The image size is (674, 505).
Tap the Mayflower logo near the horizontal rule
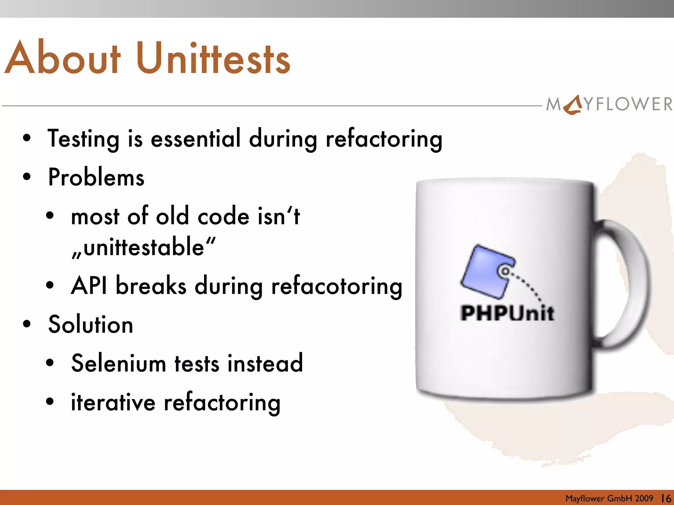click(x=609, y=105)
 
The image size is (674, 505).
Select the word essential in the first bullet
click(x=196, y=138)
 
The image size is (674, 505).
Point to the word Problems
click(x=96, y=177)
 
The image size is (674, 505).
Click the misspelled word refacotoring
click(x=336, y=286)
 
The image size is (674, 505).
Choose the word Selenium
click(x=118, y=363)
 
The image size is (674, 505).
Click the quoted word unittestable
click(x=144, y=247)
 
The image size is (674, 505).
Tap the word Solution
click(x=91, y=325)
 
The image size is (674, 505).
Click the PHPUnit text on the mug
click(x=507, y=313)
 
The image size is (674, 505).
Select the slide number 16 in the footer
click(x=666, y=498)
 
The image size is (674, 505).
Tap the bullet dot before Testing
click(x=27, y=138)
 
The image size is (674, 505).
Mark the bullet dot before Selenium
click(x=50, y=363)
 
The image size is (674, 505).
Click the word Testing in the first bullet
click(x=84, y=138)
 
